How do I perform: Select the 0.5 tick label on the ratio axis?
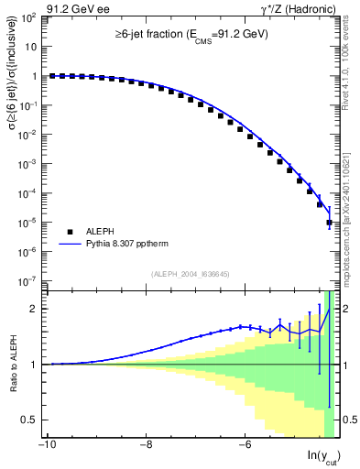(32, 420)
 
